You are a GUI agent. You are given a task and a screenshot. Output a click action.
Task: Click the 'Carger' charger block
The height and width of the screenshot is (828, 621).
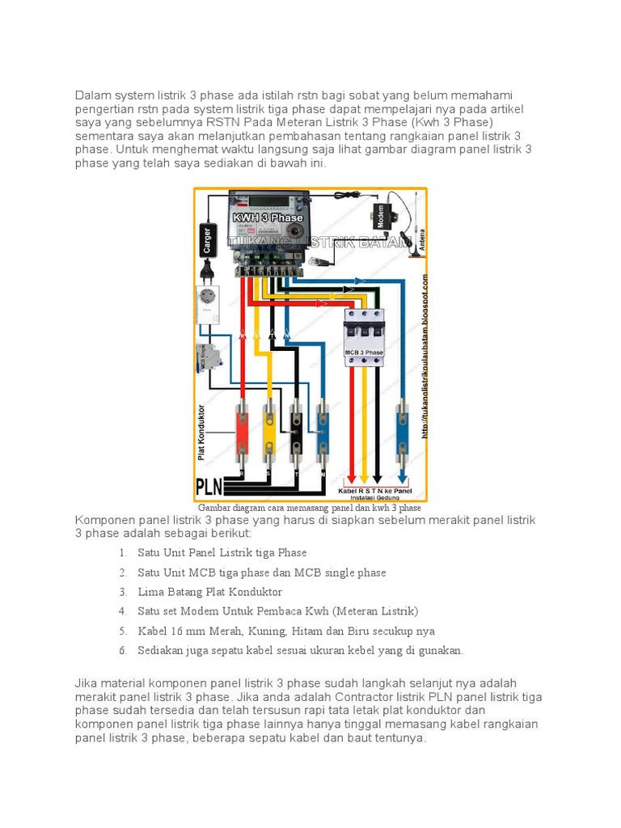(207, 239)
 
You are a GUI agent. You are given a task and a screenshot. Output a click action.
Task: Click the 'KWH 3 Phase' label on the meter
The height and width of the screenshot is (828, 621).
(268, 218)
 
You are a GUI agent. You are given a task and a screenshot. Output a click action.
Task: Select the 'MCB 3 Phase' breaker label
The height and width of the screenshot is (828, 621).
(365, 353)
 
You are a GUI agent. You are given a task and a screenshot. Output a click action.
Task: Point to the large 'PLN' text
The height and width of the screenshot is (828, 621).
(209, 487)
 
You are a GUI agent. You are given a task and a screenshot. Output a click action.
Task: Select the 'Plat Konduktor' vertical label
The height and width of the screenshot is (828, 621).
(202, 433)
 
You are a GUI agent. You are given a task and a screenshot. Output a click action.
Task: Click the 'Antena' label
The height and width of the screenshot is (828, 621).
(420, 239)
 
